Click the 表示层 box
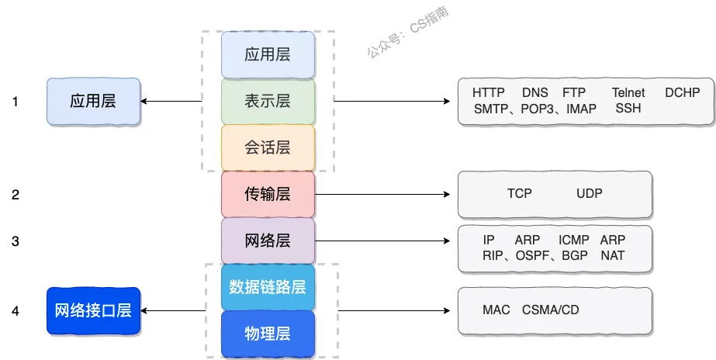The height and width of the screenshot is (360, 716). [268, 101]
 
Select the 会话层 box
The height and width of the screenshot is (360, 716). [268, 147]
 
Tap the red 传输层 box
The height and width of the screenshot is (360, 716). [268, 194]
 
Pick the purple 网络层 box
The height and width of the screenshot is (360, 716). [268, 241]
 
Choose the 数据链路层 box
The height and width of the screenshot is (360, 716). [268, 287]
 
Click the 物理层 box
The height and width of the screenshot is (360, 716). [268, 334]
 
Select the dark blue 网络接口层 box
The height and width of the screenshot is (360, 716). [93, 311]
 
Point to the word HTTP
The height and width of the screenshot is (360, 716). [489, 93]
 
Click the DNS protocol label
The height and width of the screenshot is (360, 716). [534, 93]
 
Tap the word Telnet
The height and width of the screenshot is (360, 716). [628, 93]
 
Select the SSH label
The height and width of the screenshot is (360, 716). [628, 109]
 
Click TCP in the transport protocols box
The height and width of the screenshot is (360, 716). [520, 193]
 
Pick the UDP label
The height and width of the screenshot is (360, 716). [590, 193]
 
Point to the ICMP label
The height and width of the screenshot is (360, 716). [574, 240]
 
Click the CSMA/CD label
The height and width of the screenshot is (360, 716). [551, 310]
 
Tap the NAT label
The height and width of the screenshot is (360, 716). [612, 255]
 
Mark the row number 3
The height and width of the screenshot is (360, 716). [16, 241]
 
